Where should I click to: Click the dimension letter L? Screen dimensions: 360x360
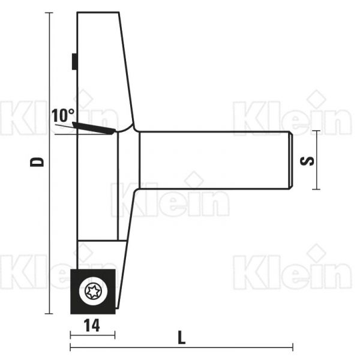[182, 337]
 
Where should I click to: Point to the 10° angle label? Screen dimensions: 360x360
[62, 115]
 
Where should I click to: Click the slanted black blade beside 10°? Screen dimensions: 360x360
[94, 127]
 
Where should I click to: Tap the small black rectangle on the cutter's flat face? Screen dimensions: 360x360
[73, 61]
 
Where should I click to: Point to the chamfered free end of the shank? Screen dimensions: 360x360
[290, 160]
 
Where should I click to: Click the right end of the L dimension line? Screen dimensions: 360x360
[293, 347]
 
